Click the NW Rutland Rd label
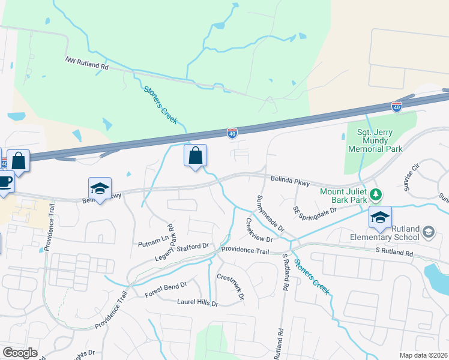tap(86, 63)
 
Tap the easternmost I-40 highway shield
tap(397, 106)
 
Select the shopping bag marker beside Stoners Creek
tap(195, 156)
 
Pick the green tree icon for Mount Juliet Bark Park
tap(376, 194)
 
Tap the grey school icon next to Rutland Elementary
tap(429, 232)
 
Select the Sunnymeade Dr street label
tap(270, 214)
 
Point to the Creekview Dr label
tap(259, 230)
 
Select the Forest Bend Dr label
tap(166, 290)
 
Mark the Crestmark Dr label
tap(231, 287)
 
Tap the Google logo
tap(20, 353)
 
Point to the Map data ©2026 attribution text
tap(423, 355)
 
